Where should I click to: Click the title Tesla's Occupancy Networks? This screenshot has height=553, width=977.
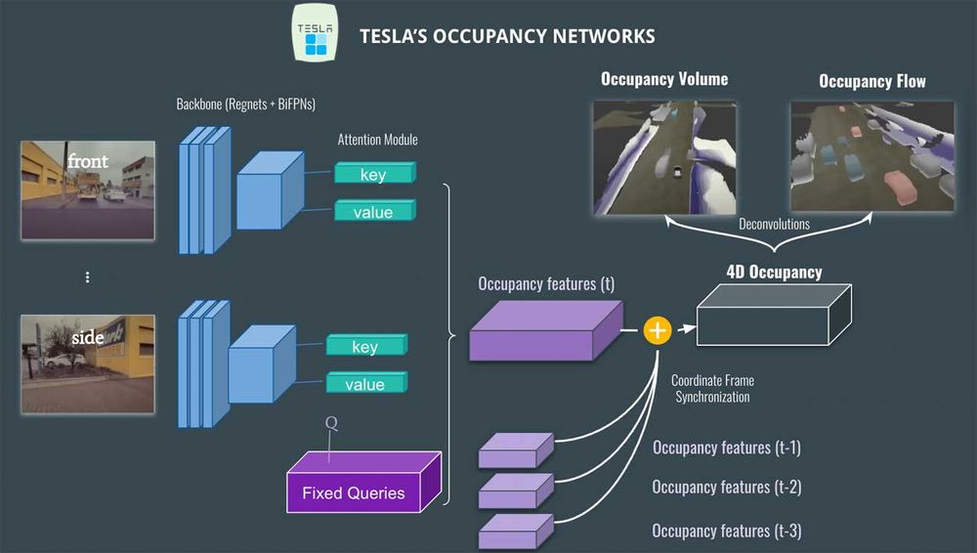(x=507, y=36)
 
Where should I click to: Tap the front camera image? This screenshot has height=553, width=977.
(x=88, y=190)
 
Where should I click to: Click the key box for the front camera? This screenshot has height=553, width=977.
(x=374, y=174)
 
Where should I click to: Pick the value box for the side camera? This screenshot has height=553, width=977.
(x=365, y=383)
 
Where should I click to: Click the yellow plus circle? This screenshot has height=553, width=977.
(x=658, y=331)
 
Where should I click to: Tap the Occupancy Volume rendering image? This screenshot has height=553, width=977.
(x=663, y=155)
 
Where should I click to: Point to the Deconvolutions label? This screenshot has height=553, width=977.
(x=773, y=224)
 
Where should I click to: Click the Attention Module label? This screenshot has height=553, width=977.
(x=377, y=140)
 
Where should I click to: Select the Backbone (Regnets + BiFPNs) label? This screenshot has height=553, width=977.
(x=245, y=104)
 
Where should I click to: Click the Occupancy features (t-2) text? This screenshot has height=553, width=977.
(x=726, y=488)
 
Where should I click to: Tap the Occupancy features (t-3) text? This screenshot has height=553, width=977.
(x=726, y=531)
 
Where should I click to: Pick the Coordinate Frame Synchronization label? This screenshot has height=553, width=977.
(x=712, y=389)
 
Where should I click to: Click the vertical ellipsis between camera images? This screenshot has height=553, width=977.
(x=87, y=277)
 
